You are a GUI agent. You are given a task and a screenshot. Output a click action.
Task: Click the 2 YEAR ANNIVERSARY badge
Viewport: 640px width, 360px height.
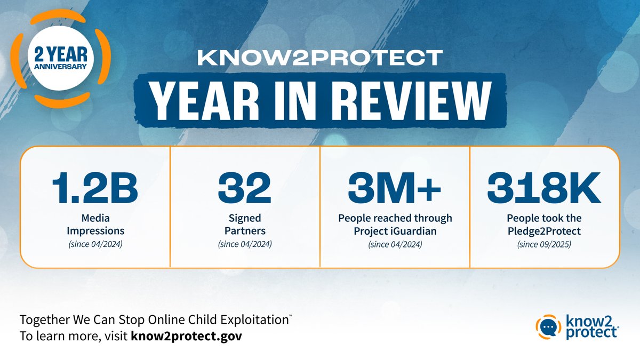point(60,61)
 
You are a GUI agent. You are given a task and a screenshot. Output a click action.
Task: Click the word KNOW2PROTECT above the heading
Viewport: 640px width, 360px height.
point(320,58)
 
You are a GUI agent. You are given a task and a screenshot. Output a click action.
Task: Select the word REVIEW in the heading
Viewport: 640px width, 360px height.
point(412,98)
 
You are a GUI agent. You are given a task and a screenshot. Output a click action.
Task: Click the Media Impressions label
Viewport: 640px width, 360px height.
point(95,225)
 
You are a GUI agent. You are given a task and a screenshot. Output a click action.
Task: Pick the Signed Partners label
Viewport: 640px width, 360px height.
point(244,225)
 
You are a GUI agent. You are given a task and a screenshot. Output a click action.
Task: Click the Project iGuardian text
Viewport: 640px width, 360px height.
point(395,231)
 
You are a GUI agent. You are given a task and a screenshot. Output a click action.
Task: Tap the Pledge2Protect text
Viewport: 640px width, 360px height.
point(545,231)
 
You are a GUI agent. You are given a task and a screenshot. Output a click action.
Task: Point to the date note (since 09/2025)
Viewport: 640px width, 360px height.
point(545,245)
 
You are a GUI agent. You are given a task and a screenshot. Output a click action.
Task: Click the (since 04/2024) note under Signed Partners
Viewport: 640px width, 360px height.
point(244,245)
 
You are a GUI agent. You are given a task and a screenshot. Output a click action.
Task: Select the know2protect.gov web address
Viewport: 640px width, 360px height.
point(189,337)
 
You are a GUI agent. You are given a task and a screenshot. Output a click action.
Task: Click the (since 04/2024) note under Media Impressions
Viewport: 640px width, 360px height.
point(95,245)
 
